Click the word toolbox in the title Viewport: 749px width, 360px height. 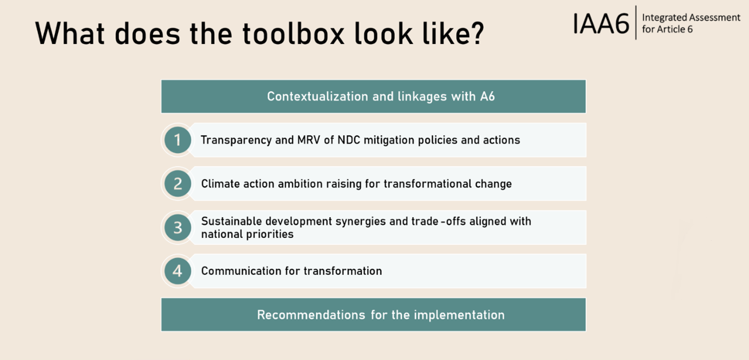point(293,34)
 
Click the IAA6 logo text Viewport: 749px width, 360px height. point(601,23)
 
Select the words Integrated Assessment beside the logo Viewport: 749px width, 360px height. point(691,17)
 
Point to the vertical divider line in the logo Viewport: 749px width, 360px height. point(635,23)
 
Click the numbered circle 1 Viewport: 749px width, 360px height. point(178,140)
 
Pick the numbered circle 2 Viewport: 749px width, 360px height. point(178,184)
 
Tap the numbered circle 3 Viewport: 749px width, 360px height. point(178,228)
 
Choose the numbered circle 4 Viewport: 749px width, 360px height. point(178,271)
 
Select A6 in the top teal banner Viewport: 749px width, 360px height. point(488,96)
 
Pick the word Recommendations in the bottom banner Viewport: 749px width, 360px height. point(311,315)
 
